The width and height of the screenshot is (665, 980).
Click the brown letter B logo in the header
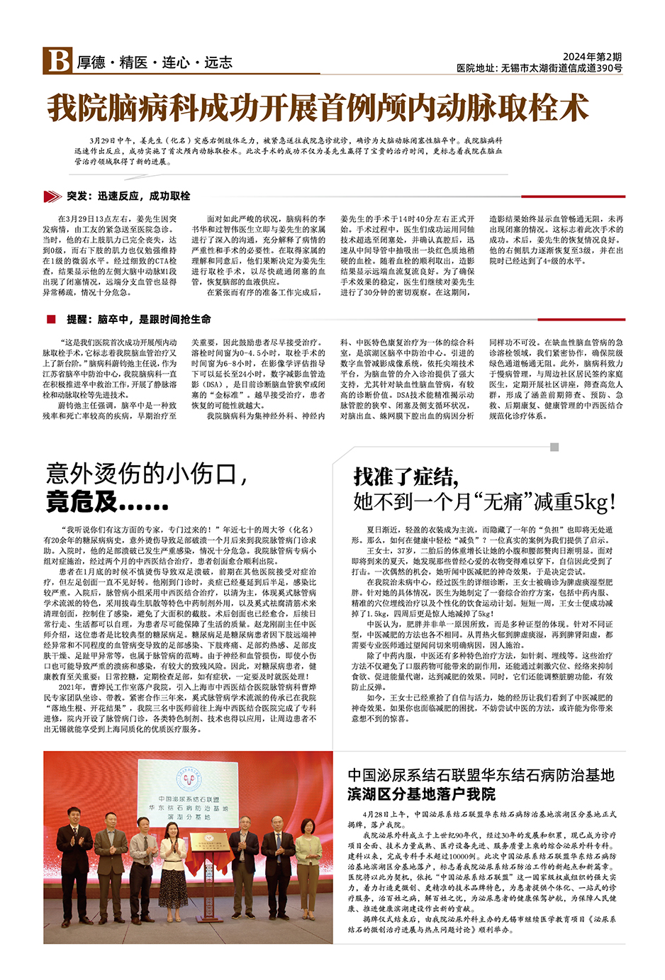click(57, 61)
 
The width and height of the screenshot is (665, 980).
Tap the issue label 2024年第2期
click(592, 57)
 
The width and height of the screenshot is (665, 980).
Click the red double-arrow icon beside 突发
click(52, 196)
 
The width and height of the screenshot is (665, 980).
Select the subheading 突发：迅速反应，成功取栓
click(128, 196)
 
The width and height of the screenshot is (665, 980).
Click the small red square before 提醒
click(51, 319)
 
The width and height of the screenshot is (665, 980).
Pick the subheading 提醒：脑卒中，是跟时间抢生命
click(138, 319)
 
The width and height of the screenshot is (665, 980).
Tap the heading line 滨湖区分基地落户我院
click(421, 794)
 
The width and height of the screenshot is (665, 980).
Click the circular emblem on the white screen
click(189, 780)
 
